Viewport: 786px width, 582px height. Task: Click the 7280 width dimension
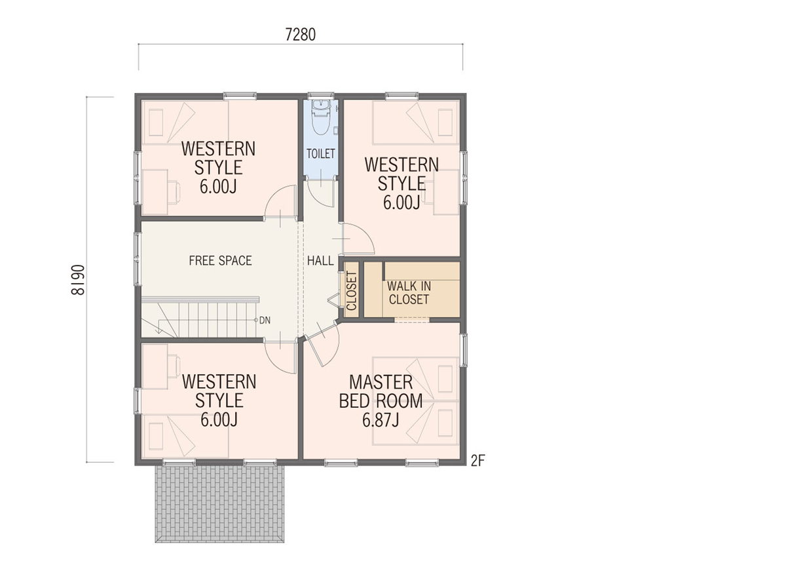click(300, 35)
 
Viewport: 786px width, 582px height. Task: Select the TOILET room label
click(321, 154)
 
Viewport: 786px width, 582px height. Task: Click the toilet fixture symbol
click(320, 117)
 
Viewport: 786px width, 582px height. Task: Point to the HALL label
click(320, 261)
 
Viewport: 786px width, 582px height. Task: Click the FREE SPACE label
click(220, 261)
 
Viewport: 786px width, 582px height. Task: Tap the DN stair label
click(265, 320)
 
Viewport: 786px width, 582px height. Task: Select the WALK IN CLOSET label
click(409, 292)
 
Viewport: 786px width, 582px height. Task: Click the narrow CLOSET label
click(351, 291)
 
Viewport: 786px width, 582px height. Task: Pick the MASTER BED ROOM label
click(381, 391)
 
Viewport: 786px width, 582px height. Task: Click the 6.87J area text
click(381, 420)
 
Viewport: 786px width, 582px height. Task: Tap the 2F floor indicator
click(477, 461)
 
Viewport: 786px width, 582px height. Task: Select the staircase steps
click(200, 317)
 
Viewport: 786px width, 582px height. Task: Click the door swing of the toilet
click(320, 193)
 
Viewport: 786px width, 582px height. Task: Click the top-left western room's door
click(280, 201)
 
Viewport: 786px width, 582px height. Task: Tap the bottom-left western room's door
click(280, 356)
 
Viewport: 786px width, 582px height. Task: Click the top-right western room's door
click(358, 239)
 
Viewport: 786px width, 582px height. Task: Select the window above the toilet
click(320, 94)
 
